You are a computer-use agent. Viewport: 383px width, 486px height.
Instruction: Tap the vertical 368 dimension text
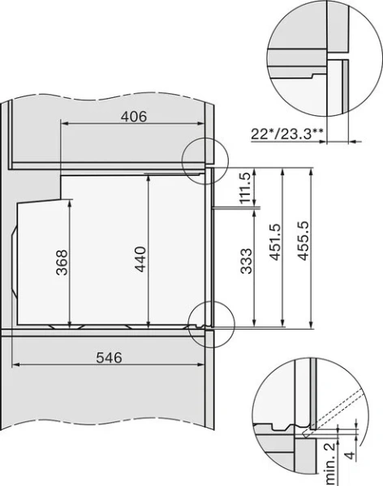pos(62,262)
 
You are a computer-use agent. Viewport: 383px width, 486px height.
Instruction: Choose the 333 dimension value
pos(246,265)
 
